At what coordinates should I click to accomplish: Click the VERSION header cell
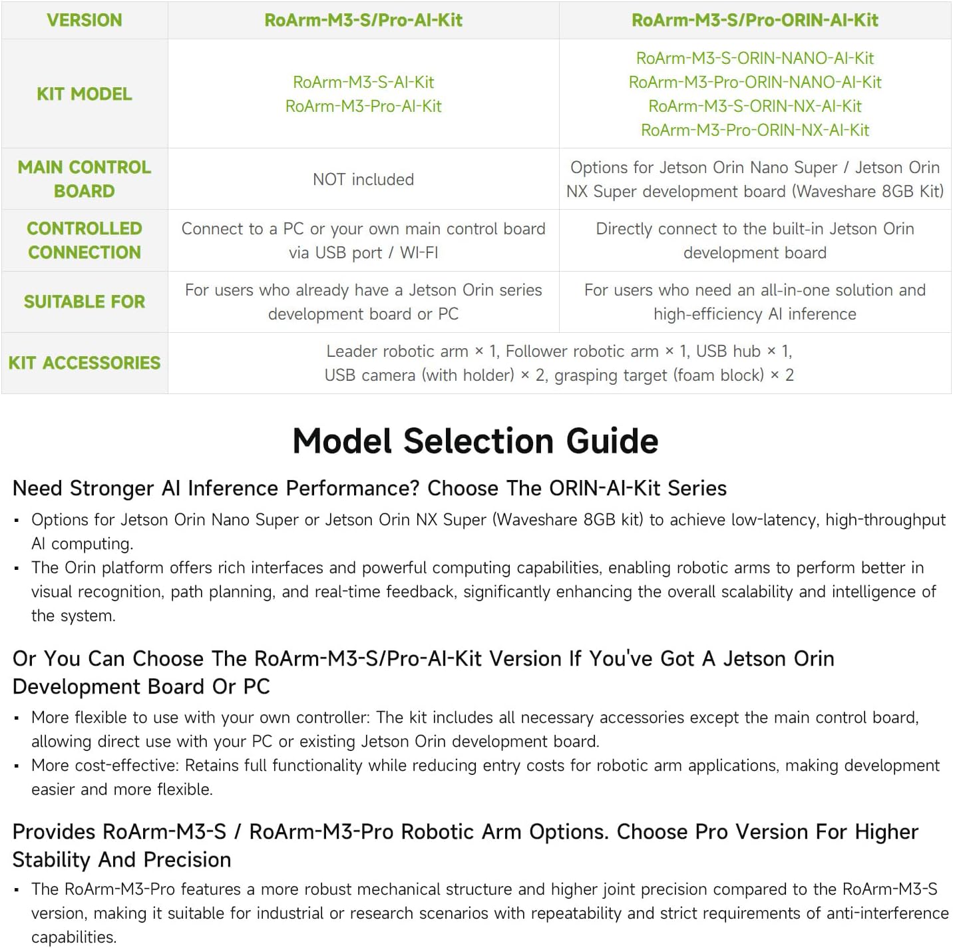(85, 20)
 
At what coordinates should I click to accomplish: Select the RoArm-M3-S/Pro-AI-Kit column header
(363, 20)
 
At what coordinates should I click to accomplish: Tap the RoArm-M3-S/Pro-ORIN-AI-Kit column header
(755, 20)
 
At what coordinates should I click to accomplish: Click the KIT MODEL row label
(85, 94)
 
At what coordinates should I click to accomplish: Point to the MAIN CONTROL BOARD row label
(85, 179)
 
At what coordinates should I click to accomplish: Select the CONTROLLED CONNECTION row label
(85, 240)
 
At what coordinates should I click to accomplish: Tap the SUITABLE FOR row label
(85, 302)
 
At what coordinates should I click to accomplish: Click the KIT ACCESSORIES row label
(85, 363)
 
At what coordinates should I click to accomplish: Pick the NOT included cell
(363, 179)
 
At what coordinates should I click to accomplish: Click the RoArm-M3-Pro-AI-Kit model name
(363, 107)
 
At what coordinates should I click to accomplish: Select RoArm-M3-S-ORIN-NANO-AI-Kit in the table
(755, 59)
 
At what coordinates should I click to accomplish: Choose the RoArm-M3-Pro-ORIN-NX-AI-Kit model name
(755, 130)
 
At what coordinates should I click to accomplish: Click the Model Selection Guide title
(476, 441)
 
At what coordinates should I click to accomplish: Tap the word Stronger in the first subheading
(112, 489)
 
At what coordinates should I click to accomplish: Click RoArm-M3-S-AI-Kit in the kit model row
(363, 83)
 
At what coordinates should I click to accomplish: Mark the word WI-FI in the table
(419, 253)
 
